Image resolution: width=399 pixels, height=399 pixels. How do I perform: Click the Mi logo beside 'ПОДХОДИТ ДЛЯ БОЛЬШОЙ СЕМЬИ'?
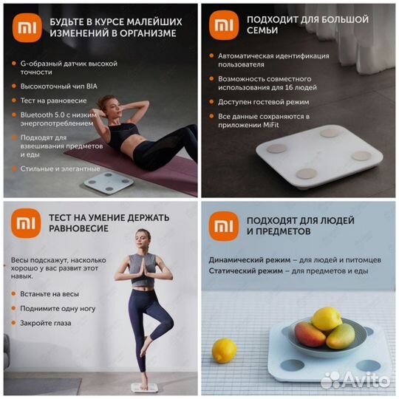pos(223,25)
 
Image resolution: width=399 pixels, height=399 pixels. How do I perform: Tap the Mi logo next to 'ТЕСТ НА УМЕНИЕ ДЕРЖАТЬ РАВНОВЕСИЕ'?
pos(24,223)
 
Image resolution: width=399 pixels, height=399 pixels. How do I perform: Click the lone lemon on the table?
pos(224,349)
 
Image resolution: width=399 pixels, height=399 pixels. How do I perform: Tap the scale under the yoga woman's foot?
pos(144,386)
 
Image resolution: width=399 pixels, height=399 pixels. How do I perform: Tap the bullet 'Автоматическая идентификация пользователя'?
pos(273,60)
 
